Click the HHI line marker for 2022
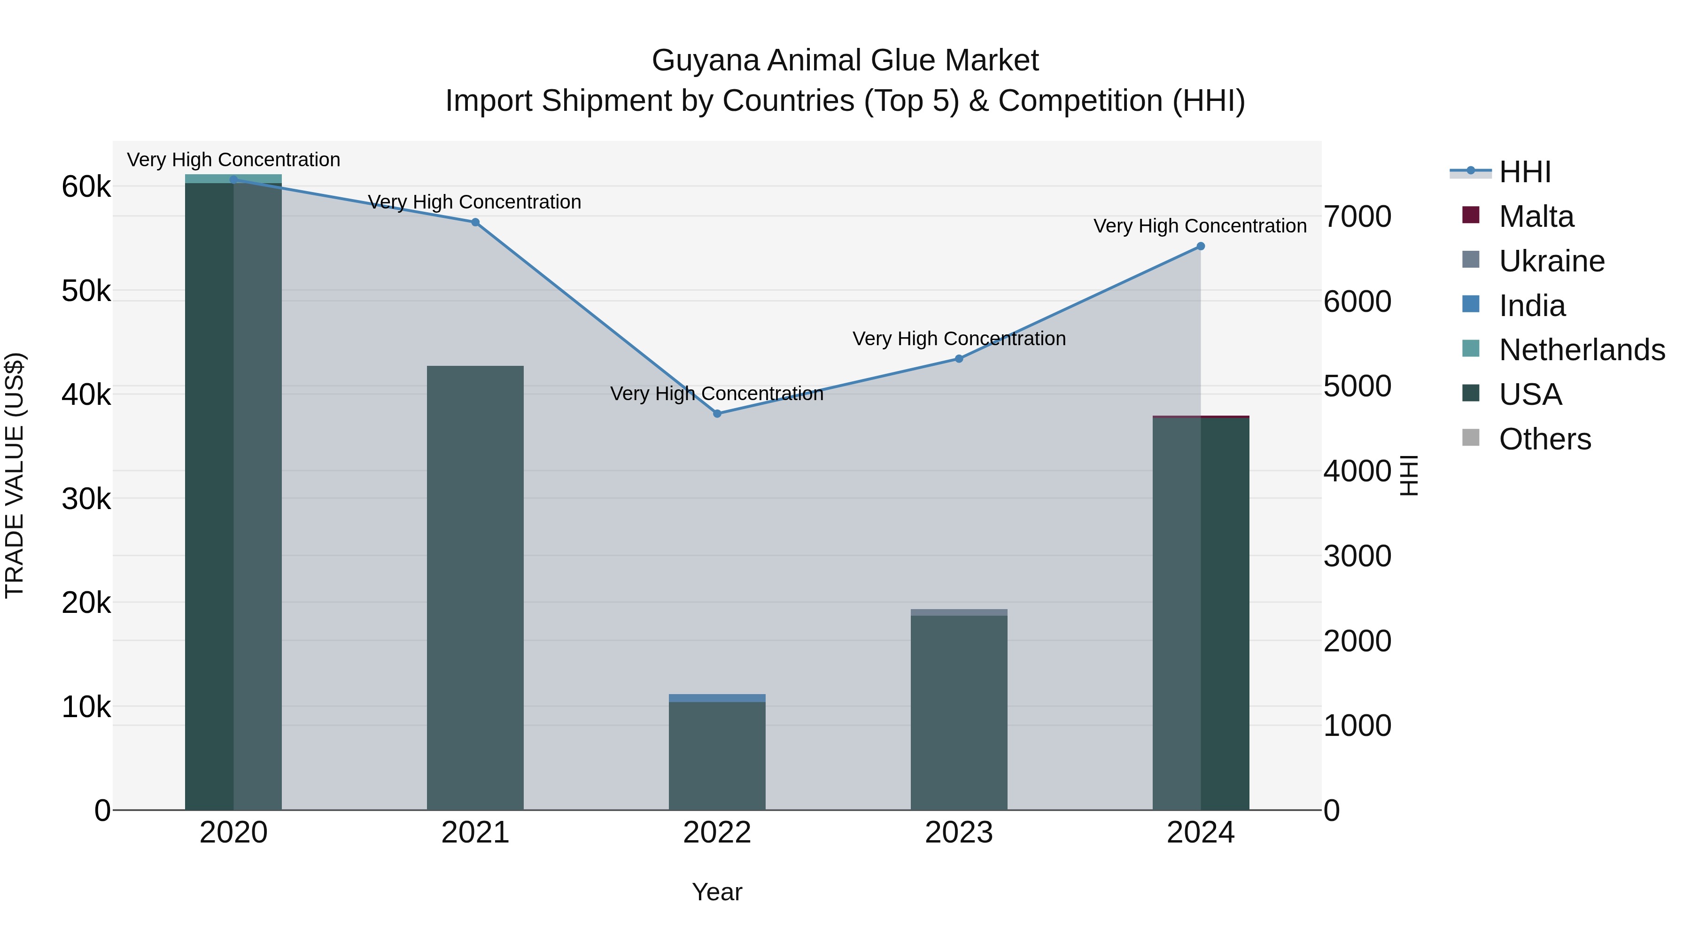pyautogui.click(x=717, y=413)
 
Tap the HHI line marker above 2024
pyautogui.click(x=1201, y=246)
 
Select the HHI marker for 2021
pyautogui.click(x=475, y=222)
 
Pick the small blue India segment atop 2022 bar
pyautogui.click(x=717, y=698)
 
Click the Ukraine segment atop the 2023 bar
pyautogui.click(x=958, y=612)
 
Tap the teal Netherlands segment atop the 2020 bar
pyautogui.click(x=233, y=178)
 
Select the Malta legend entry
pyautogui.click(x=1536, y=216)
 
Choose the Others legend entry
pyautogui.click(x=1544, y=439)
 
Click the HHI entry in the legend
pyautogui.click(x=1524, y=172)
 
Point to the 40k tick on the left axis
pyautogui.click(x=86, y=395)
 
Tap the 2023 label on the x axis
pyautogui.click(x=958, y=833)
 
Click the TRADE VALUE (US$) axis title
pyautogui.click(x=15, y=475)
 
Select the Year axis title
pyautogui.click(x=717, y=892)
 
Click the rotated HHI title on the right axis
pyautogui.click(x=1409, y=475)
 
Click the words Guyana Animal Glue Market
pyautogui.click(x=845, y=61)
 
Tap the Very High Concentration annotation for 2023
pyautogui.click(x=958, y=339)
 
